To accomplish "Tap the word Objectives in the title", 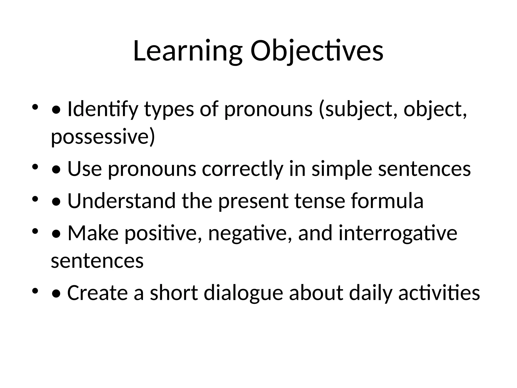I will [x=317, y=52].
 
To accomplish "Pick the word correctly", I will [x=242, y=169].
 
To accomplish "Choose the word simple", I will [x=342, y=169].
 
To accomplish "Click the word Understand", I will [x=121, y=201].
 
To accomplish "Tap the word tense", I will [x=320, y=201].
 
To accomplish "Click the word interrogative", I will [x=398, y=233].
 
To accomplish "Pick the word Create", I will [x=97, y=293].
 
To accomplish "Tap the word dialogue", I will [x=243, y=293].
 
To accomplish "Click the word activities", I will [x=439, y=293].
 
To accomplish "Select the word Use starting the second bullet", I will [x=85, y=169].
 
